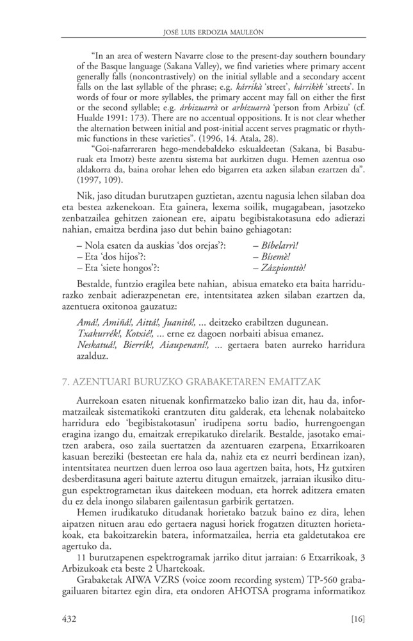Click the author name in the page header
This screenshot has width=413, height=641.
pyautogui.click(x=206, y=31)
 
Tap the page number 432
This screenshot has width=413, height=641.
pyautogui.click(x=70, y=618)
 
